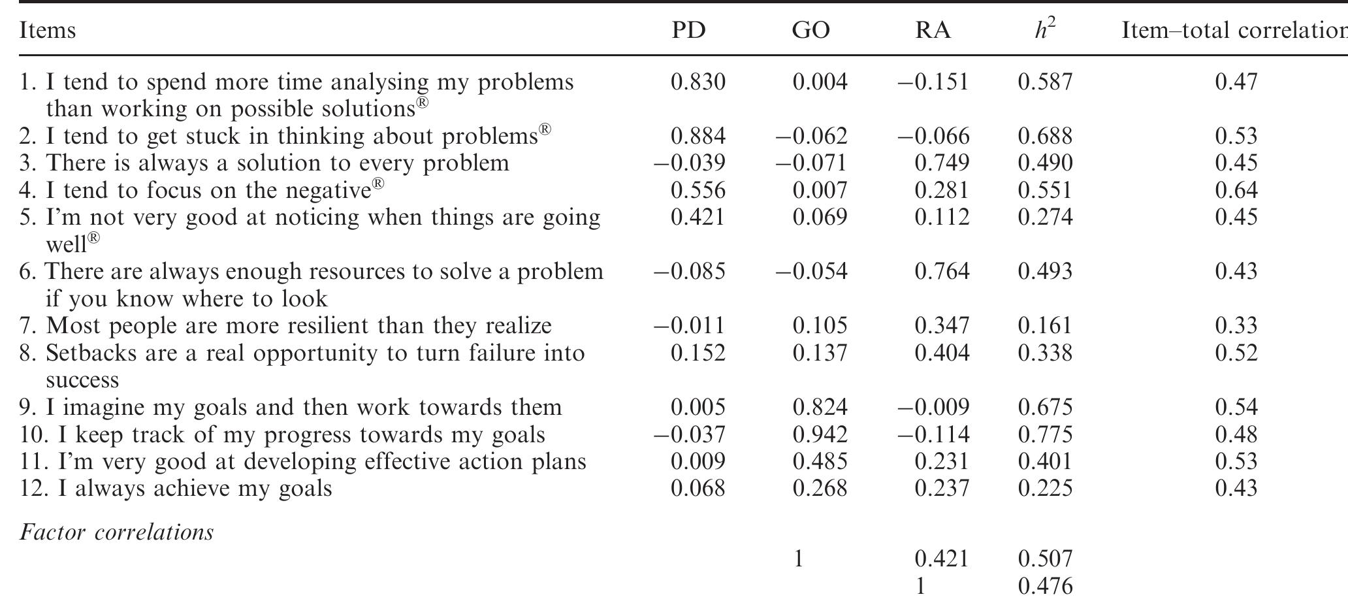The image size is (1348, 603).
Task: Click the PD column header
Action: [689, 31]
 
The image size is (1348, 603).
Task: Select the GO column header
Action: [810, 31]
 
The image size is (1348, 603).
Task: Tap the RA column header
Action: [933, 31]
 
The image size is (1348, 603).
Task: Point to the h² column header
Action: [1045, 29]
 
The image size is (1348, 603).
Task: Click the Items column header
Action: [48, 31]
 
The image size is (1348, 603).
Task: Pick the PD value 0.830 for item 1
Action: [698, 82]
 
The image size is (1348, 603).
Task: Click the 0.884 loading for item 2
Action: [698, 136]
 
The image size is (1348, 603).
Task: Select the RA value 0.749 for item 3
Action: [942, 163]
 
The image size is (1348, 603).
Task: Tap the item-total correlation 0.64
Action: [1236, 190]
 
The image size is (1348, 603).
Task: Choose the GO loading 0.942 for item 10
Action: [820, 434]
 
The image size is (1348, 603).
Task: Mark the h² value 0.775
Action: [1045, 434]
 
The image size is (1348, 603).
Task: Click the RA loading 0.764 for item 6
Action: [942, 271]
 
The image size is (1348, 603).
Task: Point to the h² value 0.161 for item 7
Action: [1045, 325]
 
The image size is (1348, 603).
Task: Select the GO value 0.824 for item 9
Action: [820, 407]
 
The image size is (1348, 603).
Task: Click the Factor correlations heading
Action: [117, 532]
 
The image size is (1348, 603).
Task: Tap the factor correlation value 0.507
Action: [1045, 559]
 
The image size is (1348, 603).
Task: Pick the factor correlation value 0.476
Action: [1045, 585]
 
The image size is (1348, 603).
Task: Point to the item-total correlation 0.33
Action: [1236, 325]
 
